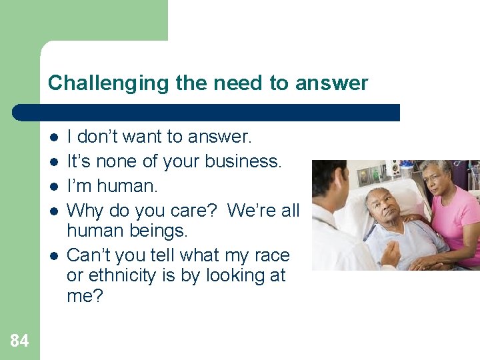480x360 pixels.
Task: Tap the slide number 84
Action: [19, 341]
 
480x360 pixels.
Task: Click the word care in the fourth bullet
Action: [193, 210]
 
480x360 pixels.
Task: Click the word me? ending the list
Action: [85, 296]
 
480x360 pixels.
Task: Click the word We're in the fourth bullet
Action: [249, 210]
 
